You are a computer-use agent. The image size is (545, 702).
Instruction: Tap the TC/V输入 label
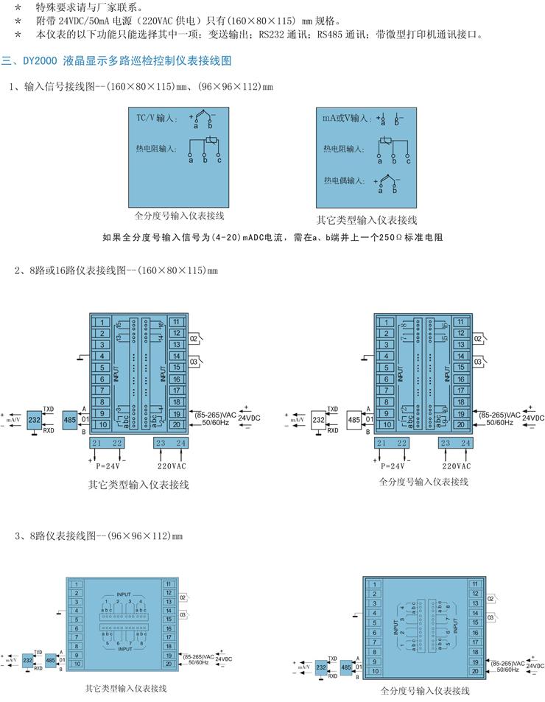pyautogui.click(x=156, y=119)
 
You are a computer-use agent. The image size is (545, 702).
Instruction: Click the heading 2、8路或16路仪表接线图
pyautogui.click(x=116, y=270)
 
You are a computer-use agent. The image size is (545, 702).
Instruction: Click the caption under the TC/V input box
pyautogui.click(x=179, y=216)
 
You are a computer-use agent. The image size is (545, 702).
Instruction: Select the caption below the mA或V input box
pyautogui.click(x=367, y=220)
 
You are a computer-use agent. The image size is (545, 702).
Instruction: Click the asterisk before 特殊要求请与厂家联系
pyautogui.click(x=18, y=7)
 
